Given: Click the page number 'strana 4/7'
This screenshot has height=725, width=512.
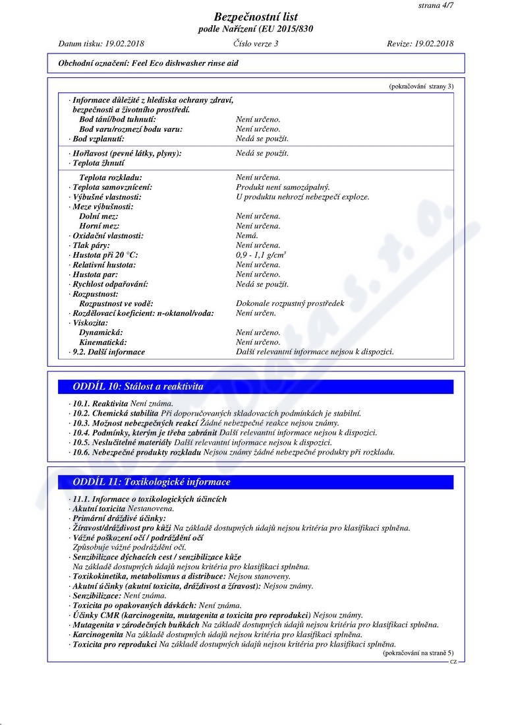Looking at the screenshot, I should [x=436, y=5].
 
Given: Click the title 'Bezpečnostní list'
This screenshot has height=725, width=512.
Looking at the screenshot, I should [x=256, y=17].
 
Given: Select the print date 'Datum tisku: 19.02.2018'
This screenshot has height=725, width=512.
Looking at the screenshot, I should [x=101, y=44].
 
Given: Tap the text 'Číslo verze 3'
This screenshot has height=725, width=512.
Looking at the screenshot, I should [x=256, y=44].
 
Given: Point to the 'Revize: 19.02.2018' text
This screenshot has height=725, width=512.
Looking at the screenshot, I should [x=420, y=44].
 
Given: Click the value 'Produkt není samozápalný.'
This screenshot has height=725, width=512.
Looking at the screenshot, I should [x=283, y=187].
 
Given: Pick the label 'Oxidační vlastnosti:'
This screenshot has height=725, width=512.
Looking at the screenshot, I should [x=107, y=236].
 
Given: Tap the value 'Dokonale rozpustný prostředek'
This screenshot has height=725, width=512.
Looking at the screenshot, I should [x=290, y=303].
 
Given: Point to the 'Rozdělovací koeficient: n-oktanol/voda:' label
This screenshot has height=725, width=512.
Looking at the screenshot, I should [x=143, y=313].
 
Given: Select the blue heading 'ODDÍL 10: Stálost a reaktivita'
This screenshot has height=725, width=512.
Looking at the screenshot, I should [x=138, y=387].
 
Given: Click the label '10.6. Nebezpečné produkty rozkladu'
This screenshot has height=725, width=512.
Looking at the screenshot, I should [x=136, y=453].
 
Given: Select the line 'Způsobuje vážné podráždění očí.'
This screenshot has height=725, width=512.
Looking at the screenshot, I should [x=129, y=548].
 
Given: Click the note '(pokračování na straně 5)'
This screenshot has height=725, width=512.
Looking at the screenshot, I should [x=418, y=654].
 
